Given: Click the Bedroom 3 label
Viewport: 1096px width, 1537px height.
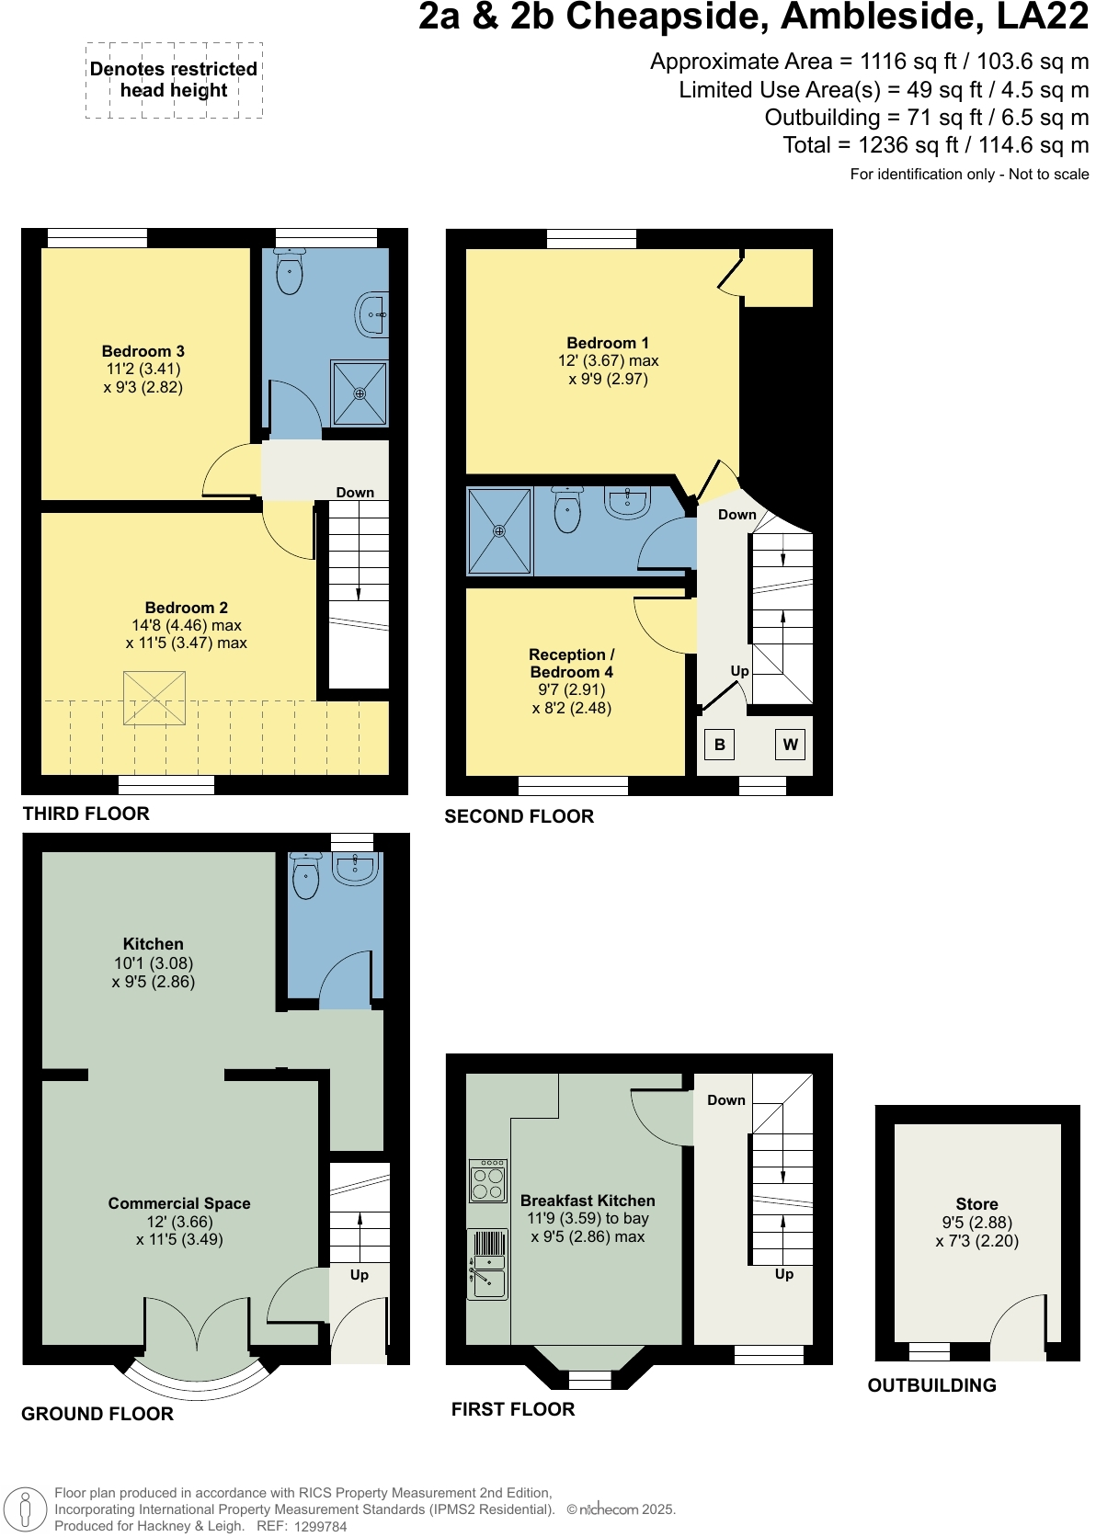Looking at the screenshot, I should (143, 351).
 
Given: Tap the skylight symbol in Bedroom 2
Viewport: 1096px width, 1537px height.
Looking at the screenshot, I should (154, 699).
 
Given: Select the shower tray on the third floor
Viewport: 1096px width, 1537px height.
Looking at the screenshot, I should (360, 393).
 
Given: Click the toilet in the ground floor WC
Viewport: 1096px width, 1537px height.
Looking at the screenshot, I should (305, 876).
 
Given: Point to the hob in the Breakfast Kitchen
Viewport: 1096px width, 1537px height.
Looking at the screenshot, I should (488, 1180).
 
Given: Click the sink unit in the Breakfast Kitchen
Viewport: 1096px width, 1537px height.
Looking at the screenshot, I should (487, 1265).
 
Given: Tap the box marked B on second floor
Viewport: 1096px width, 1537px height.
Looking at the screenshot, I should (720, 745).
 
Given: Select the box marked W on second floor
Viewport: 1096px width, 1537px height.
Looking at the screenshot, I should (790, 745).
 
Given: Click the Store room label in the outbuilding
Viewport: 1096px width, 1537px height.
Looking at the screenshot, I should (976, 1204).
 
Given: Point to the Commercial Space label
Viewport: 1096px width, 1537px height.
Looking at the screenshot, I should (179, 1203).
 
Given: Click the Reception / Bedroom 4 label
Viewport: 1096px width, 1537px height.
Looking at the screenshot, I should (571, 663).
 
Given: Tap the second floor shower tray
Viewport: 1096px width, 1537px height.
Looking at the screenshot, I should (499, 531).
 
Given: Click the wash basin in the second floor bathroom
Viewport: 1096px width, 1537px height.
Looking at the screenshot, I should (629, 503).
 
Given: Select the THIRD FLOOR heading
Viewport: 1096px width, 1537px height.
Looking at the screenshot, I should (86, 814).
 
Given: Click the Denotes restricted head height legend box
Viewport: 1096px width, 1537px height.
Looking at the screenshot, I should (174, 80).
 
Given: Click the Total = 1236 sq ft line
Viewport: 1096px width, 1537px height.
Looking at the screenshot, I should (935, 145).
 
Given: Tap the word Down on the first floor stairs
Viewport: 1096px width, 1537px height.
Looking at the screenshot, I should (726, 1100).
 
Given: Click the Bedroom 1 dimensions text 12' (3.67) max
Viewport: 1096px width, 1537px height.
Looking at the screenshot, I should (608, 361).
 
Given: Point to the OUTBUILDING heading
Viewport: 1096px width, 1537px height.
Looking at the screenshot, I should (931, 1385).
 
